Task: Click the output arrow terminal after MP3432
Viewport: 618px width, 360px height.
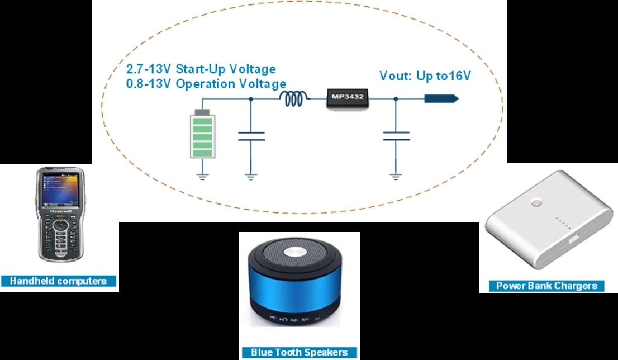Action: tap(441, 99)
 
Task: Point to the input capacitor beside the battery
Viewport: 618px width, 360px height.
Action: tap(251, 136)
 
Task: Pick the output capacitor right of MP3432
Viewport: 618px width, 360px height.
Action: tap(396, 136)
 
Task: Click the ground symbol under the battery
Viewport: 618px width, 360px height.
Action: tap(203, 177)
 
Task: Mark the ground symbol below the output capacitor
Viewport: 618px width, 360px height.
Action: tap(396, 177)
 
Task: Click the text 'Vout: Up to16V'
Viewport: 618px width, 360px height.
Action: tap(424, 75)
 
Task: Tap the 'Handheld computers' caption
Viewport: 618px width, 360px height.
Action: tap(58, 281)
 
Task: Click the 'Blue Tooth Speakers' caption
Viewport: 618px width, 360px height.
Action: tap(299, 352)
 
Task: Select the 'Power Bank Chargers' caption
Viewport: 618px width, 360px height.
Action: tap(546, 286)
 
